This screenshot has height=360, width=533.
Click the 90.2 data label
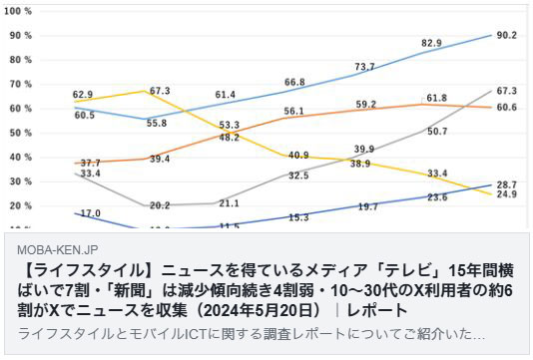(506, 35)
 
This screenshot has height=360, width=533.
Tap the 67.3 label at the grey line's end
(506, 91)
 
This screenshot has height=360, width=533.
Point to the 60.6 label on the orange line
(506, 107)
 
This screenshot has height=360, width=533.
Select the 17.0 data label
(89, 212)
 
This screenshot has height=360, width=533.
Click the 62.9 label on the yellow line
(83, 96)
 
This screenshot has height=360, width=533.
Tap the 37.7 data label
(90, 164)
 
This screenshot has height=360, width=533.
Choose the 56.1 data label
(293, 111)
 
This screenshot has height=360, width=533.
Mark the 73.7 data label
(364, 67)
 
